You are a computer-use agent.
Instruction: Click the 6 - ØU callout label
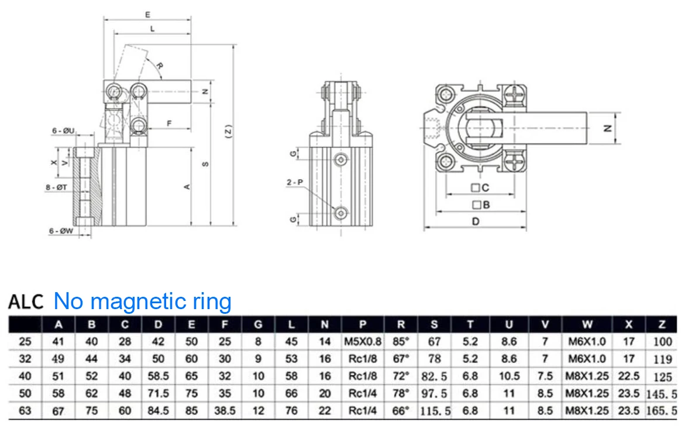tap(63, 131)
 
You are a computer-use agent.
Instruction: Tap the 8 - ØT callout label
tap(56, 187)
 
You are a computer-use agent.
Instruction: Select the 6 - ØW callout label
tap(61, 231)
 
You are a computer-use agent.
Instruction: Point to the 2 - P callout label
tap(295, 182)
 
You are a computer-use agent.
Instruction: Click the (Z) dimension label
tap(228, 132)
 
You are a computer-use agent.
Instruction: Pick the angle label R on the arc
tap(160, 66)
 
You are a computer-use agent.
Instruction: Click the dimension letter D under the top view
tap(476, 222)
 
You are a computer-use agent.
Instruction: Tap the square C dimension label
tap(480, 187)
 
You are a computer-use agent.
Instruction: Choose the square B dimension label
tap(481, 204)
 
